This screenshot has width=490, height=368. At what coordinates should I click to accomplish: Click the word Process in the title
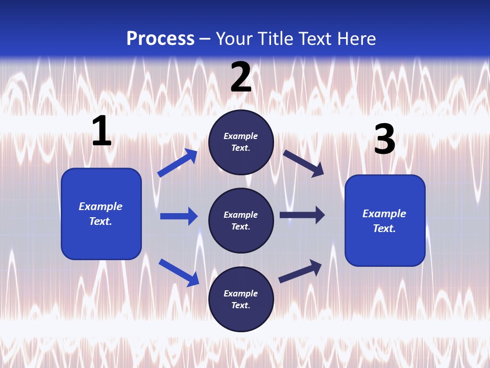coord(160,39)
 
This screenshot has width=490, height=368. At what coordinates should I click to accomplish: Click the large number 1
coord(102,131)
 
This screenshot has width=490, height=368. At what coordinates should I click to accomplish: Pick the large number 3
coord(384,140)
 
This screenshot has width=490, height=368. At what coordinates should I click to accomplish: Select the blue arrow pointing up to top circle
coord(178,163)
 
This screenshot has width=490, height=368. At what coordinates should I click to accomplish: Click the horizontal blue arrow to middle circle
coord(179,216)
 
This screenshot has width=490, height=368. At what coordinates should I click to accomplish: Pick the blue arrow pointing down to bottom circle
coord(179,272)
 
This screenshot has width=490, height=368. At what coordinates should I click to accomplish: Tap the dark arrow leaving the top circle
coord(303,163)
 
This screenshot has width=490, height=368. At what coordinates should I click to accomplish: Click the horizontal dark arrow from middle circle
coord(302,215)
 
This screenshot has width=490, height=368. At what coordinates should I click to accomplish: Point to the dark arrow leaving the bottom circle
coord(300,271)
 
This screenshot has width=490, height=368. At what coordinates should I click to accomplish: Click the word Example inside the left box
coord(101,206)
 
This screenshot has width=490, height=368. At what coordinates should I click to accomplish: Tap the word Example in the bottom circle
coord(240,293)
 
